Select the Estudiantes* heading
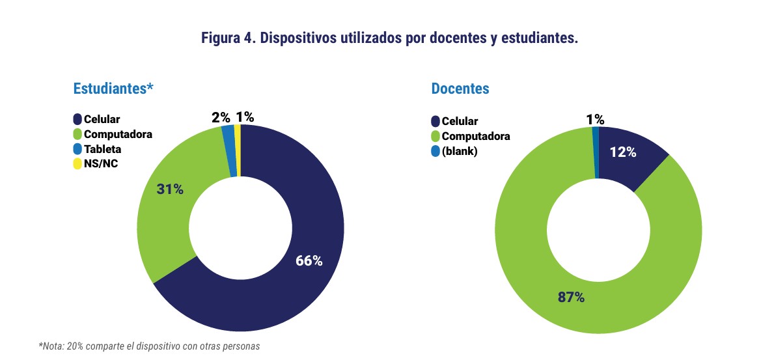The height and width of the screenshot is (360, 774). pos(113,88)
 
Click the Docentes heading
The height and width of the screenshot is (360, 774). pos(460,88)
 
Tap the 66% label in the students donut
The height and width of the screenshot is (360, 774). pos(309,260)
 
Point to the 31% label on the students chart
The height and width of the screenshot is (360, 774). pos(170,189)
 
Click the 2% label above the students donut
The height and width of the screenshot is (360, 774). pos(221,117)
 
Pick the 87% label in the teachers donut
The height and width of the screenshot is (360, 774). pos(571,298)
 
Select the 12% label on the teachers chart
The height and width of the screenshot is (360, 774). pos(624,152)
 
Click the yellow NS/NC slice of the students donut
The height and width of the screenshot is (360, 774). pos(238,150)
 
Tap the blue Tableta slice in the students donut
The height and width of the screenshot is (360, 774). pos(230,150)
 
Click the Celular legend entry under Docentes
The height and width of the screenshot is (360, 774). pos(460,121)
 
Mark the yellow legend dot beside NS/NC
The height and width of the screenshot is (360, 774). pos(77,163)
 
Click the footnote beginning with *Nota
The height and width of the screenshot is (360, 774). pos(150,346)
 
